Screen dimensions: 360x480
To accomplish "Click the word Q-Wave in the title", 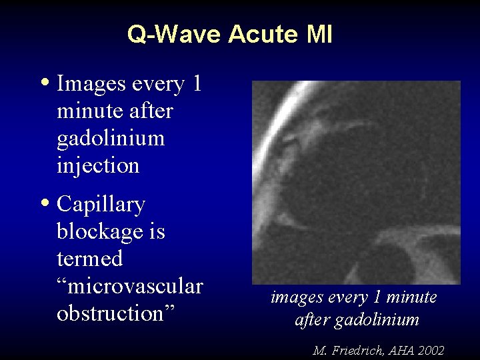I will click(175, 34).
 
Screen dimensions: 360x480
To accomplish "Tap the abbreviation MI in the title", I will click(319, 34).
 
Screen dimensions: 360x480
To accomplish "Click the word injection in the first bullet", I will click(98, 165).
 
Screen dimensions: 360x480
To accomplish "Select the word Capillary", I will click(101, 205).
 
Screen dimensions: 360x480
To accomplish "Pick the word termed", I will click(90, 259).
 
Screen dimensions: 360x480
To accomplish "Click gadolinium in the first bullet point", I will click(111, 138).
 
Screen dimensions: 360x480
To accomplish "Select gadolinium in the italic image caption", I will click(377, 320).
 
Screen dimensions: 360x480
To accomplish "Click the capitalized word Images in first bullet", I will click(91, 84).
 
